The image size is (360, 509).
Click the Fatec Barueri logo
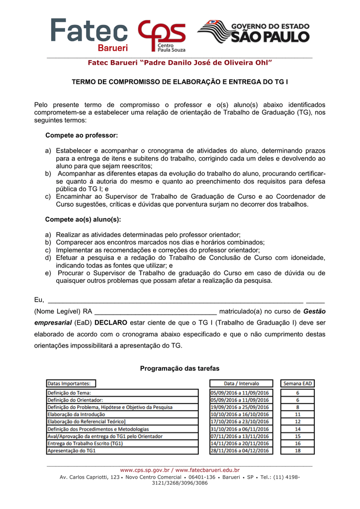point(90,35)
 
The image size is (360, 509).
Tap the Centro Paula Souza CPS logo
point(162,36)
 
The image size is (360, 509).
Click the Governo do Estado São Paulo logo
point(253,32)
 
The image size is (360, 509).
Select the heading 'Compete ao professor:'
point(82,135)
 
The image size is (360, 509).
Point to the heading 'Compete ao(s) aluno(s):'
point(83,219)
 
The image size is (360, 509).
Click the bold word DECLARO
point(111,323)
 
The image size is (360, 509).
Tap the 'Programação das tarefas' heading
point(180,368)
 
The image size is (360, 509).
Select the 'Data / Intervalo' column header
point(241,383)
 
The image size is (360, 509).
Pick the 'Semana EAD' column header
point(297,383)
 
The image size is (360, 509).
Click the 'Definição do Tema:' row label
point(70,393)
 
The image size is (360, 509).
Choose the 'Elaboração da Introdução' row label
point(76,414)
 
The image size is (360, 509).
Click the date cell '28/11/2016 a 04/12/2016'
point(240,450)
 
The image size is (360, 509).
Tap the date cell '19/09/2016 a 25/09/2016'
point(240,407)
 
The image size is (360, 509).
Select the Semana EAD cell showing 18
point(297,450)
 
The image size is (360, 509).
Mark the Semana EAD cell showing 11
point(297,414)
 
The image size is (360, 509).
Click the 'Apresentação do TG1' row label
point(72,450)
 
